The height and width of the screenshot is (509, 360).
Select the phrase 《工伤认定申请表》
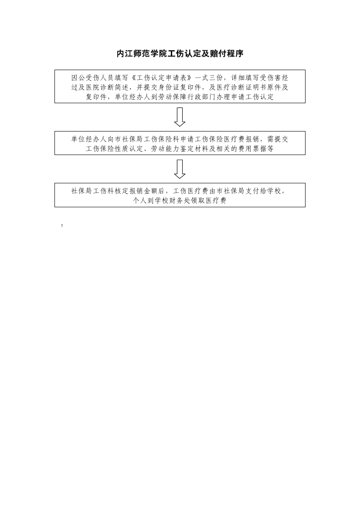pyautogui.click(x=162, y=78)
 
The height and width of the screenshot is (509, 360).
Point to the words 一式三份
pyautogui.click(x=209, y=78)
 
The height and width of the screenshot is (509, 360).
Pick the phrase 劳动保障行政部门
pyautogui.click(x=187, y=97)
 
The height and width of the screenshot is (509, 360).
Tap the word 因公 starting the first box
pyautogui.click(x=78, y=78)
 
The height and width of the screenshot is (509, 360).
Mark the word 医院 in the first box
pyautogui.click(x=100, y=88)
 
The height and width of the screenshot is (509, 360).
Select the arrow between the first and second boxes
pyautogui.click(x=180, y=117)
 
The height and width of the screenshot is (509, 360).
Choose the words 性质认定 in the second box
pyautogui.click(x=129, y=149)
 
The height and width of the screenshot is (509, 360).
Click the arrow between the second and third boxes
pyautogui.click(x=180, y=169)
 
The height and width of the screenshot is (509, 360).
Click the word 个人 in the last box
pyautogui.click(x=140, y=201)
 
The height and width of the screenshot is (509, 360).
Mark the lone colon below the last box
pyautogui.click(x=62, y=225)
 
